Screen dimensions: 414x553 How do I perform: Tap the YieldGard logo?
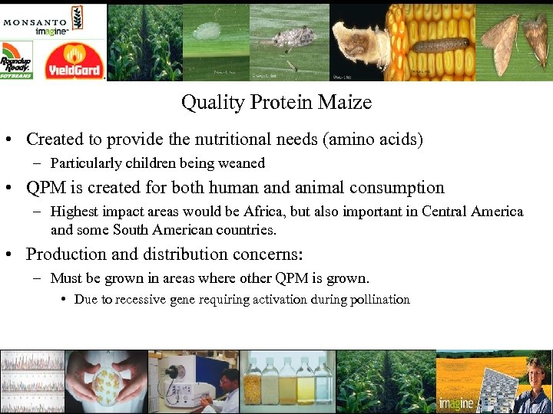point(75,61)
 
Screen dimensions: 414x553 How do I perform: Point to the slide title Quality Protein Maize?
point(276,102)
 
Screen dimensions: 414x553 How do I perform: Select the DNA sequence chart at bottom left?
point(31,382)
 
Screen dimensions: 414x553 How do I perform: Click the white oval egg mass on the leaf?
point(205,31)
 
